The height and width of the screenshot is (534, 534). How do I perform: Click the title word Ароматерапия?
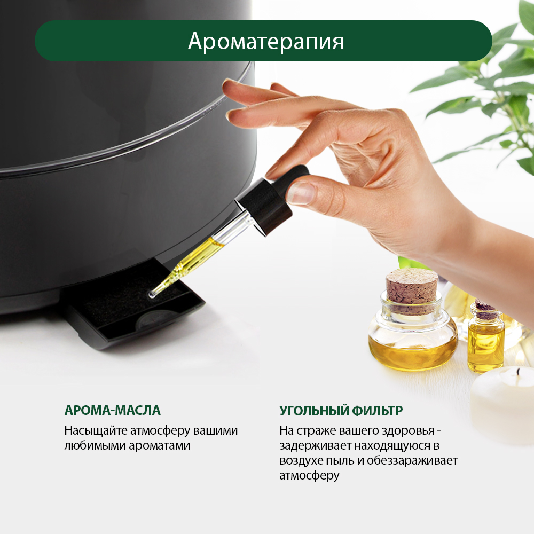tap(265, 42)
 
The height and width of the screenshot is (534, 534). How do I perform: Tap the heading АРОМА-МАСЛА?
tap(112, 410)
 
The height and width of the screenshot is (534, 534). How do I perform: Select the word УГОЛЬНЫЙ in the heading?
tap(314, 410)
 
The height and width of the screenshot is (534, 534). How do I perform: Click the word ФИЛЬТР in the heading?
tap(377, 410)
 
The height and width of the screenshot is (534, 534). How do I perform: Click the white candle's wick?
tap(518, 371)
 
